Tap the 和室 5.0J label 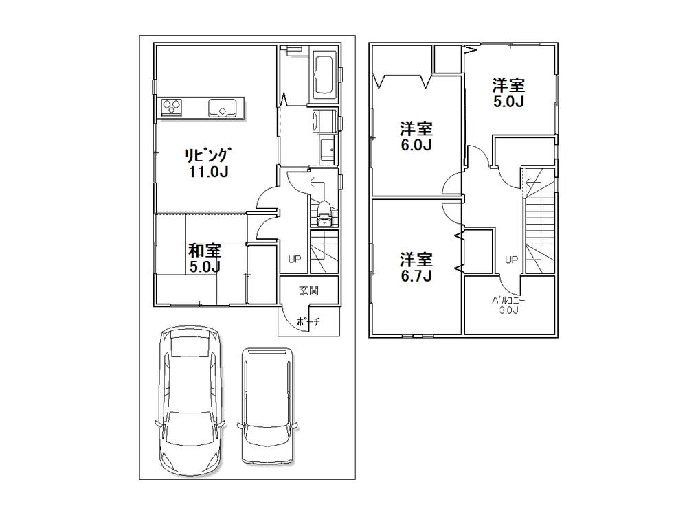[205, 259]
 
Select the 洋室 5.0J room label [508, 93]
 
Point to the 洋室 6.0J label [416, 137]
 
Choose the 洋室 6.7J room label [416, 268]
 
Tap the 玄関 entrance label [308, 290]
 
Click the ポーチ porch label [308, 321]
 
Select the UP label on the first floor [294, 260]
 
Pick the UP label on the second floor [511, 260]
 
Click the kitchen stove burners [172, 107]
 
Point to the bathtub [324, 73]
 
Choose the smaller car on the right [269, 405]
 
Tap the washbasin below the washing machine [327, 148]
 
